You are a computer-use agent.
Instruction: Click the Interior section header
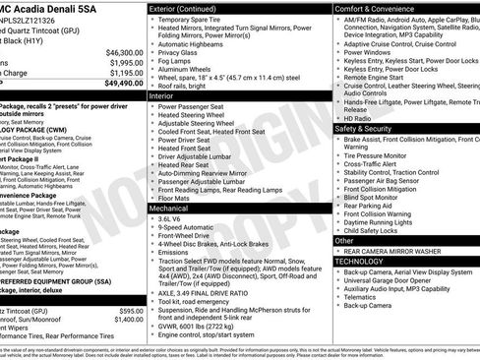click(163, 96)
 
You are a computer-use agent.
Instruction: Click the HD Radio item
click(358, 118)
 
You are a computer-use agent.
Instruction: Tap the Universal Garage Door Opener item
click(394, 280)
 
